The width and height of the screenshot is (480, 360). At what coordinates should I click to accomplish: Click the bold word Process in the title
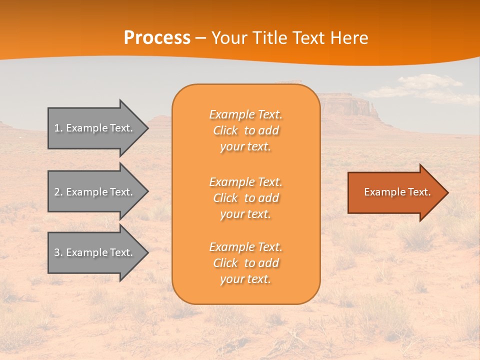(157, 38)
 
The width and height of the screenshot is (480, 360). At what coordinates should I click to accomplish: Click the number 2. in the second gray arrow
(58, 192)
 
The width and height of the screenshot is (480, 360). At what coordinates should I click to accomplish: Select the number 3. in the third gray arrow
(58, 252)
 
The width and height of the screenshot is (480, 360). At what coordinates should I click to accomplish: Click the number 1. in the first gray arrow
(58, 128)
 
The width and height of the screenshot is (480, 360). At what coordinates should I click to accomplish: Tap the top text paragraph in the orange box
(245, 130)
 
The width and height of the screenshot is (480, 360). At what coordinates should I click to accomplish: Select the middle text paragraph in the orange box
(245, 198)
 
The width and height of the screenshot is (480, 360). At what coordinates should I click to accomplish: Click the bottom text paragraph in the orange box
(245, 263)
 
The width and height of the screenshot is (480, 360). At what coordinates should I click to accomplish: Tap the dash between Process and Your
(201, 38)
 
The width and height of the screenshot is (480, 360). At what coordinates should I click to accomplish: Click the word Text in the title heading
(308, 38)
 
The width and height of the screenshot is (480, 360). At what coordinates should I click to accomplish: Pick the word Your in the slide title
(229, 38)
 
